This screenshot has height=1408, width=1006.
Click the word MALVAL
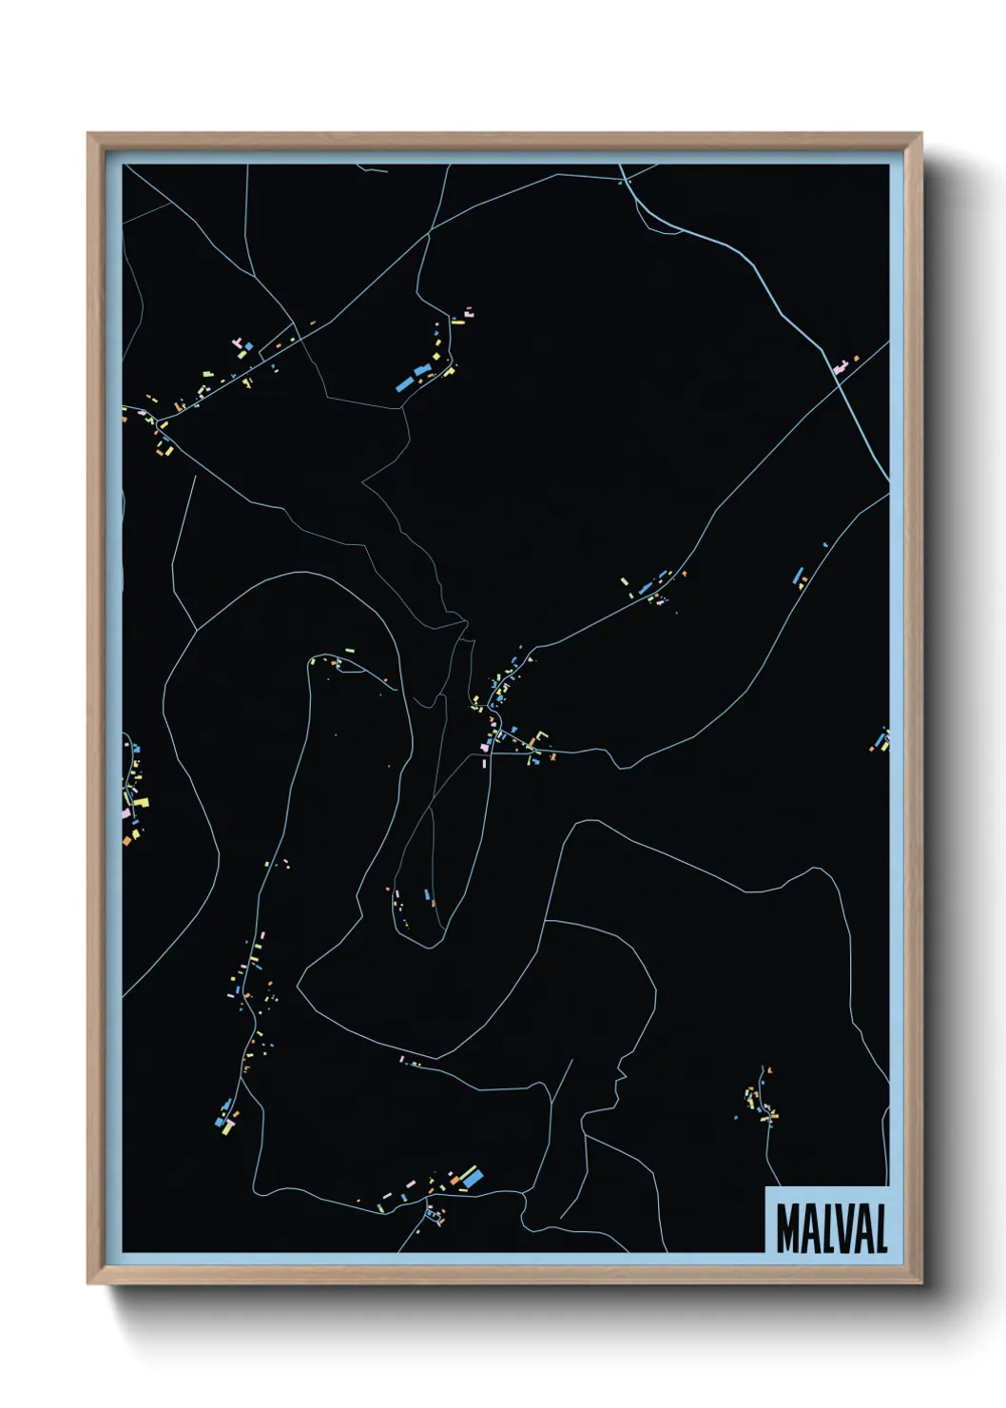point(831,1228)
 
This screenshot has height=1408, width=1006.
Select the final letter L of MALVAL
point(880,1228)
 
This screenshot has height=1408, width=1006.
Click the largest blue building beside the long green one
point(473,1177)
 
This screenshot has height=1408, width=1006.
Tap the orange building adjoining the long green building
point(455,1184)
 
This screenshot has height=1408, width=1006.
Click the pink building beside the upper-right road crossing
point(840,366)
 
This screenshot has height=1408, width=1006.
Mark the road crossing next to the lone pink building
point(834,371)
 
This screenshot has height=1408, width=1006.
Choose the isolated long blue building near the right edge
point(798,575)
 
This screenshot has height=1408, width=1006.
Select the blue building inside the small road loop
point(427,894)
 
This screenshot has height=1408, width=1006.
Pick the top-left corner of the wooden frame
point(88,134)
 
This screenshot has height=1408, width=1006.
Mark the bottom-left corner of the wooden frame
point(88,1283)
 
